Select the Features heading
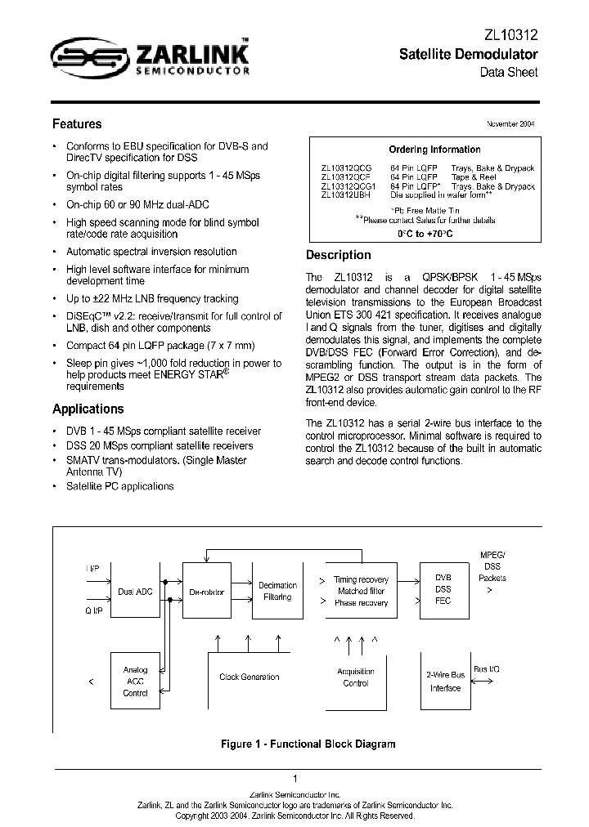coord(77,124)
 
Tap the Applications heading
coord(88,409)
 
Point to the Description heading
coord(338,254)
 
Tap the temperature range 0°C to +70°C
coord(425,234)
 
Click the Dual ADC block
coord(136,592)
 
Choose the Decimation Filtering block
coord(278,591)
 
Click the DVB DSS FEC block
coord(443,588)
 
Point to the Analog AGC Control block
coord(135,681)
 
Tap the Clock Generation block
coord(250,677)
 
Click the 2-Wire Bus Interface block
coord(446,682)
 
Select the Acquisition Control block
coord(356,677)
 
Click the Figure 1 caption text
coord(308,744)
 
